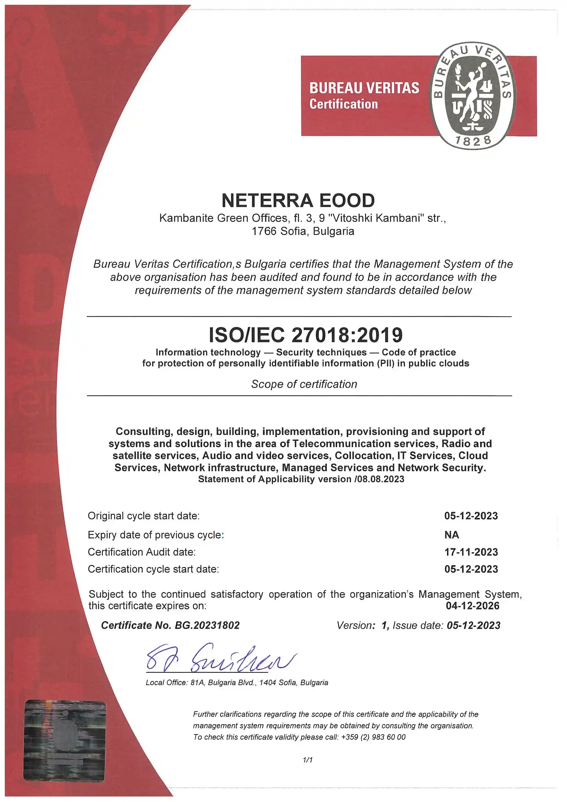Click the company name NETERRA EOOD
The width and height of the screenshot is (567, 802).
(298, 200)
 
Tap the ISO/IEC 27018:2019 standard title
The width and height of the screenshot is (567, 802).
(306, 335)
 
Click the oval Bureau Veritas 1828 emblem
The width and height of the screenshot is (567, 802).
(472, 95)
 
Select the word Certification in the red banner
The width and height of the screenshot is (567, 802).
(343, 104)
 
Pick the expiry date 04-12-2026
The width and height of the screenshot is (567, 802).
(472, 606)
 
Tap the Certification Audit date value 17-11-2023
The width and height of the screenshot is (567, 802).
(471, 552)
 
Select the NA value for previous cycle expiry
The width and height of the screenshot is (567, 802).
(451, 535)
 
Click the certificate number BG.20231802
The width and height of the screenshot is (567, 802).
(207, 625)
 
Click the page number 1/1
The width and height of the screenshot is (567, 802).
(307, 760)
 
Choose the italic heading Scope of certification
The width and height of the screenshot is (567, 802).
(304, 384)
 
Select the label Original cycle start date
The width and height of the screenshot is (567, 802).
(144, 516)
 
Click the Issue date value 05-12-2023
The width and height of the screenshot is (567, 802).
(473, 625)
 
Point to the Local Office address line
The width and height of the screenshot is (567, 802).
(237, 682)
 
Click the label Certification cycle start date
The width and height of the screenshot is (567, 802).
(153, 569)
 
